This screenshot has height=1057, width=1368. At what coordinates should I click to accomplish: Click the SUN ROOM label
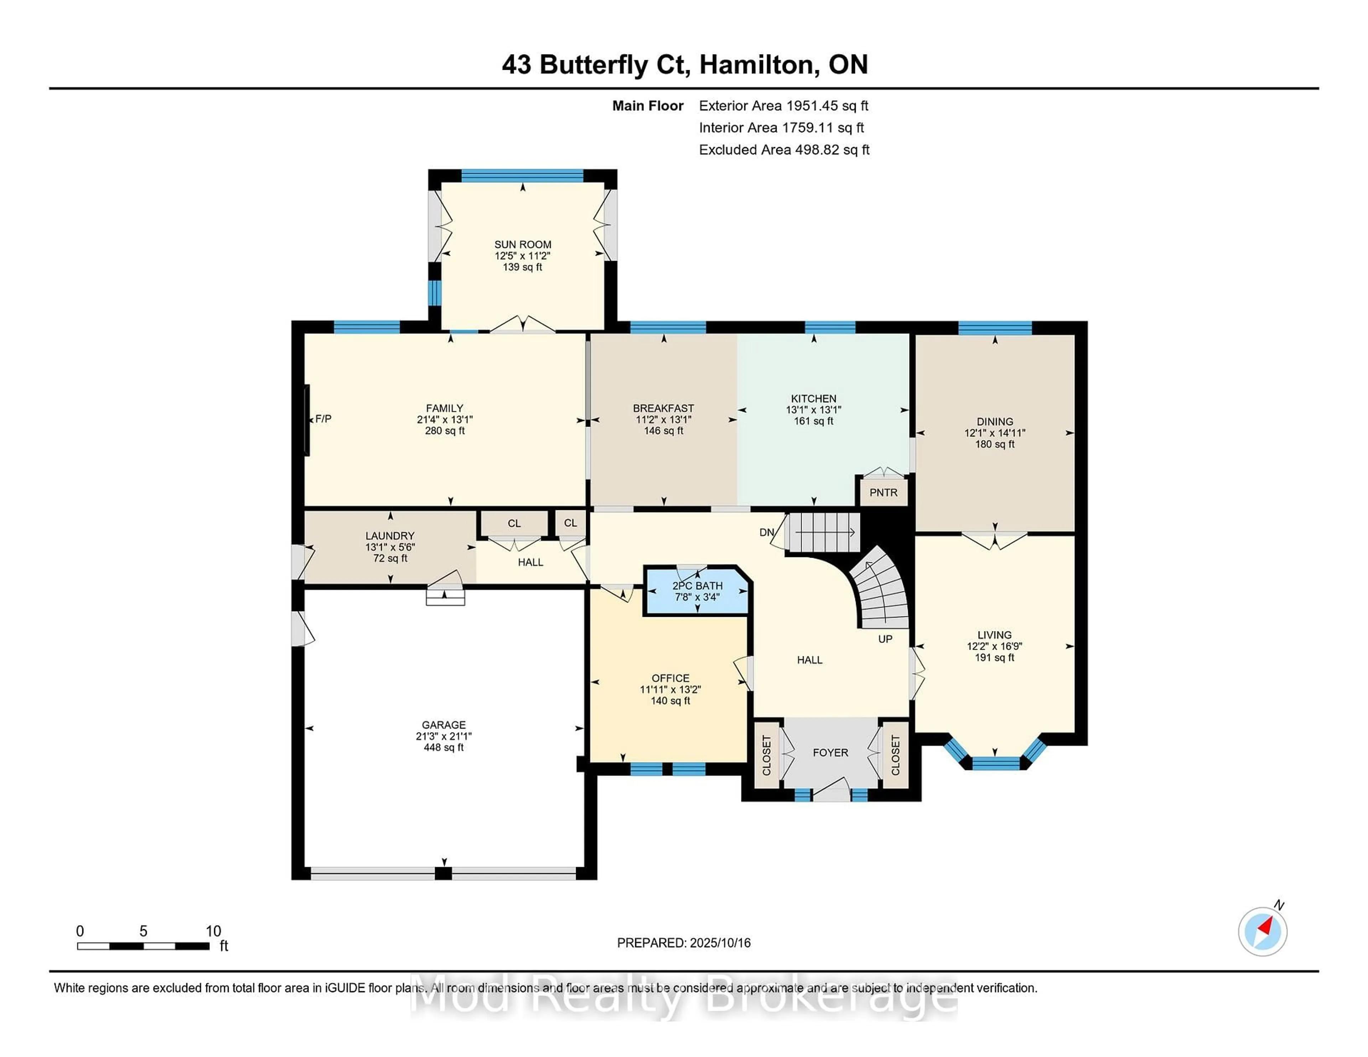click(522, 244)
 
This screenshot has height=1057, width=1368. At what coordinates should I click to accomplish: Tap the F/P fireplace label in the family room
click(323, 418)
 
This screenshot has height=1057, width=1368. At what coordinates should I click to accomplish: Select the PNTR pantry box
click(883, 491)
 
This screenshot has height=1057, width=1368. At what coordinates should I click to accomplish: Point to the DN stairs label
click(767, 532)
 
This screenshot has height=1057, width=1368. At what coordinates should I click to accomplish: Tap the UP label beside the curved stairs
click(885, 639)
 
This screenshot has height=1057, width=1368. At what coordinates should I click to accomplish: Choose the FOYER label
click(830, 752)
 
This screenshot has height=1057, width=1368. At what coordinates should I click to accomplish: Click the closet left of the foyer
click(767, 755)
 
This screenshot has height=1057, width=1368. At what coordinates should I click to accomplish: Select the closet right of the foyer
click(895, 755)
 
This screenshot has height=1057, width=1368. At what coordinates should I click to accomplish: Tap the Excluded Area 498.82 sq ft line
click(784, 150)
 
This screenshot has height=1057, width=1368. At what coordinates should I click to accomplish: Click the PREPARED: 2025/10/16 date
click(684, 942)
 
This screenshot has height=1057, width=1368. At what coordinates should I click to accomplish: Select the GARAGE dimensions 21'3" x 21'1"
click(444, 736)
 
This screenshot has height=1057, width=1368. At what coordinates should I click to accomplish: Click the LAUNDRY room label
click(390, 535)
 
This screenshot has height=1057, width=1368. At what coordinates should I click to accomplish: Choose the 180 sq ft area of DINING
click(995, 444)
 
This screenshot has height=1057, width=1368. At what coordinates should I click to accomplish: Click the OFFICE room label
click(670, 678)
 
